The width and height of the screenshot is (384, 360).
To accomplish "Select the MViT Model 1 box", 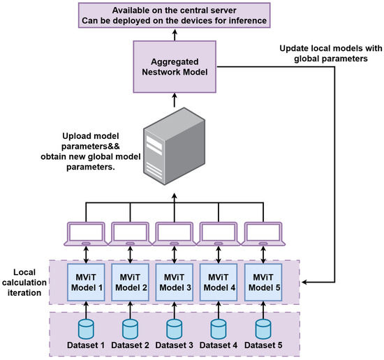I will tap(85, 280).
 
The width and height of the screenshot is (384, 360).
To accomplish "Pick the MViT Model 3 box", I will tap(173, 280).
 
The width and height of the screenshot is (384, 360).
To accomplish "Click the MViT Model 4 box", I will tap(218, 280).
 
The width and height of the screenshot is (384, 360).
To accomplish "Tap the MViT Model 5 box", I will tap(262, 280).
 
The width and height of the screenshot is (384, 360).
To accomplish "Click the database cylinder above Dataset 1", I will tap(85, 327).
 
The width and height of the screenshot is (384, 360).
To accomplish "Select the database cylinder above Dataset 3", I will tap(173, 327).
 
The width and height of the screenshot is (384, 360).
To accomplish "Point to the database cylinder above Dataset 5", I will tap(262, 327).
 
